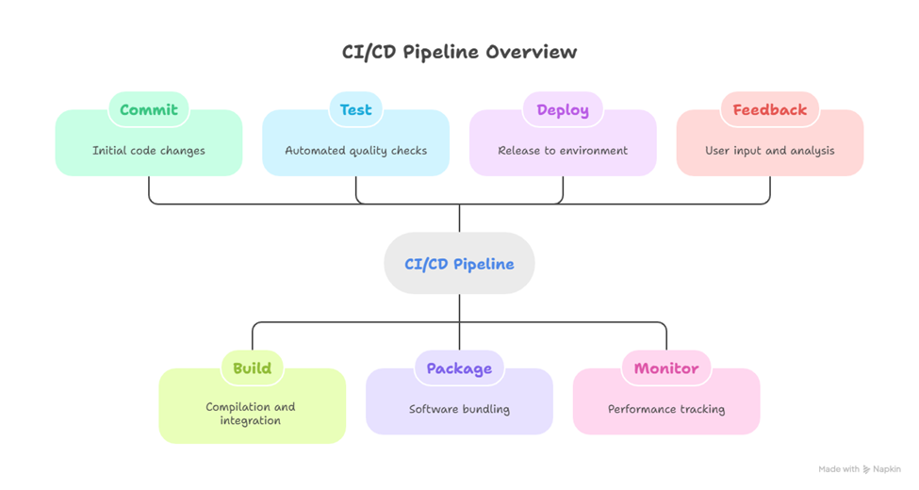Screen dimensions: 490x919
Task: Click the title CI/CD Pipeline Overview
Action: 459,52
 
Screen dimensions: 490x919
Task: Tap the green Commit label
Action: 149,109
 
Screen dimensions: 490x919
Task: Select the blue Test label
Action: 355,109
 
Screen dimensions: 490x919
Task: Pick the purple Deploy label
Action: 563,109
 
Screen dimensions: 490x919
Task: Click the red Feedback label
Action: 770,109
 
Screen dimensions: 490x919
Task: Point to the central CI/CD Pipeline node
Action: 459,264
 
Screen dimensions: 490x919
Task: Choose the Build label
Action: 252,368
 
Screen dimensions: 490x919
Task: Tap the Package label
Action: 459,368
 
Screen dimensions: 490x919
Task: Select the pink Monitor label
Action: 666,368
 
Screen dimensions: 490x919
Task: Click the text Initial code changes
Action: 149,151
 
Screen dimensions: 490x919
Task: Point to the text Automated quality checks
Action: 355,151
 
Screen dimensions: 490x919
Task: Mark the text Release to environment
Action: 563,151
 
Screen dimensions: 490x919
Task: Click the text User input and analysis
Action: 770,151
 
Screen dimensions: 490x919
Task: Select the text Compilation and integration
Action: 251,414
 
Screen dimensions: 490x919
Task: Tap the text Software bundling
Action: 459,410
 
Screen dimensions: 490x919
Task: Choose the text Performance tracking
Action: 666,410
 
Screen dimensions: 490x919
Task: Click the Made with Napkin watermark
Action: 858,468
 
